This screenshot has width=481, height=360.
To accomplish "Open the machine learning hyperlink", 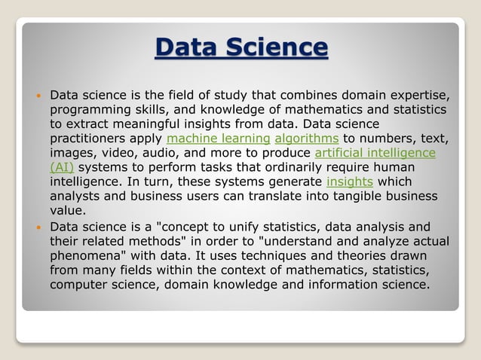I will (218, 139).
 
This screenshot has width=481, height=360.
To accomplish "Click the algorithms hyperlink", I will (307, 139).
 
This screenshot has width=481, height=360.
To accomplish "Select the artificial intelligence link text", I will (375, 153).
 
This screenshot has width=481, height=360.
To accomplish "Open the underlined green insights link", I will (349, 182).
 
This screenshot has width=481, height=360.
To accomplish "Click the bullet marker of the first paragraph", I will (38, 96).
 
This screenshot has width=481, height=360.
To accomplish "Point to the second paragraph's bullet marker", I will (38, 226).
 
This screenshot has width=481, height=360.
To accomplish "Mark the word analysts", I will (74, 196).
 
